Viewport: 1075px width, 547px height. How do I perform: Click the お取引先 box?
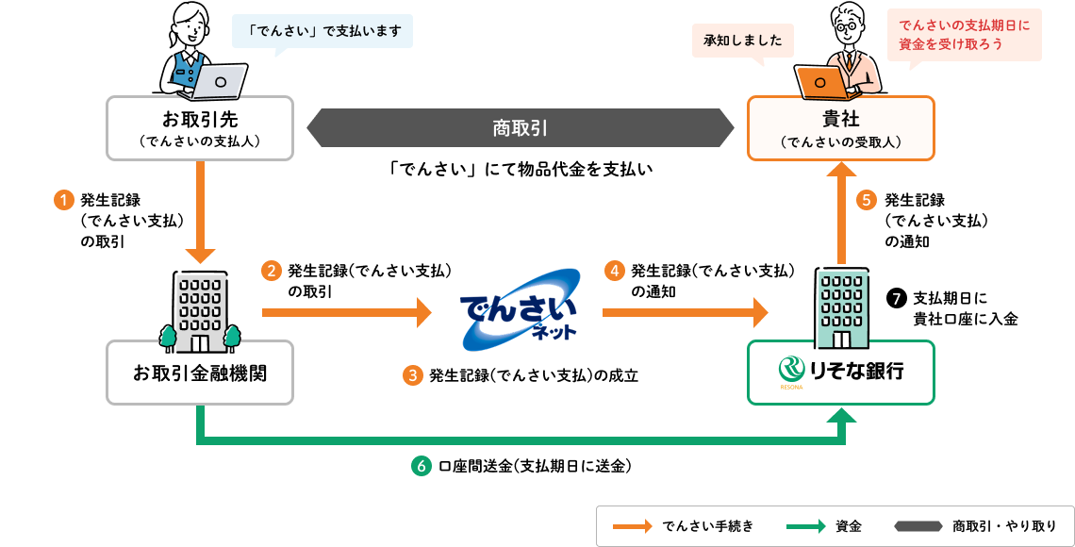point(200,128)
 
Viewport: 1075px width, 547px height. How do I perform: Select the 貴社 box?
point(840,128)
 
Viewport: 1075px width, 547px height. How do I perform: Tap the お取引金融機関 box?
point(200,373)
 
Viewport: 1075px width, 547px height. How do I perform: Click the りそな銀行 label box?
point(840,372)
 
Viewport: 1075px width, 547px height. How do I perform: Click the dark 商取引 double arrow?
point(520,127)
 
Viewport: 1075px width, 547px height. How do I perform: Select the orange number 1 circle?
point(63,200)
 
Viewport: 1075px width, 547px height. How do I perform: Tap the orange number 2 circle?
point(271,272)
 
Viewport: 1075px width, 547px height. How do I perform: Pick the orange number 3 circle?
point(412,375)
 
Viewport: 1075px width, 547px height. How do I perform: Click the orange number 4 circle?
point(614,272)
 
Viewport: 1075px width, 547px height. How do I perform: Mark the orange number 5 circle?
point(867,200)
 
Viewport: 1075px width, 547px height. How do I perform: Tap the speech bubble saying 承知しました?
point(743,41)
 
